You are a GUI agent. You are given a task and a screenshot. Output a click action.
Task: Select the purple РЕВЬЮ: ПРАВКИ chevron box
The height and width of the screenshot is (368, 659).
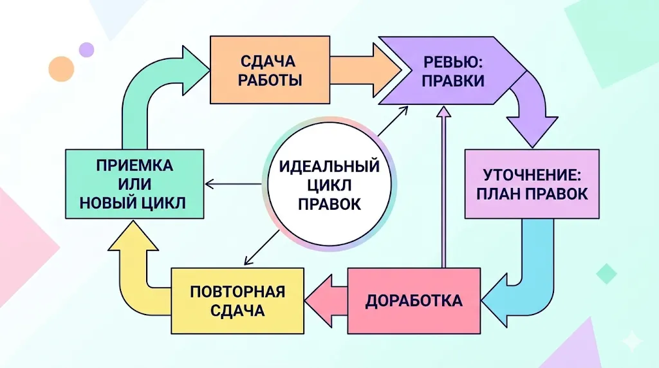(x=450, y=71)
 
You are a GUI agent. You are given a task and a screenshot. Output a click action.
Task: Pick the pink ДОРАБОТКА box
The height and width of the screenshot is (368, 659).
(x=414, y=300)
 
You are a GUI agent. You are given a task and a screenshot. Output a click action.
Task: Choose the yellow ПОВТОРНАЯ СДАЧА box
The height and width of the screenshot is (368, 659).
(x=237, y=300)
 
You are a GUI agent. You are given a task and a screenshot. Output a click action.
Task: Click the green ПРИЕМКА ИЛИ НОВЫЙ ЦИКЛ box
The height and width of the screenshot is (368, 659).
(x=135, y=184)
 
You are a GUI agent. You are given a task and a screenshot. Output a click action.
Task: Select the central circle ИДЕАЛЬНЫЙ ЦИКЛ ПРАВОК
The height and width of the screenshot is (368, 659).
(x=329, y=185)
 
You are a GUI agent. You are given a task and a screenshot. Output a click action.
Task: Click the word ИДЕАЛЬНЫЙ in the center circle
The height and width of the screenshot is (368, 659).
(x=329, y=167)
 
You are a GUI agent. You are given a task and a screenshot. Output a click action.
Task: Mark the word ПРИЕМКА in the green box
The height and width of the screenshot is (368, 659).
(x=135, y=165)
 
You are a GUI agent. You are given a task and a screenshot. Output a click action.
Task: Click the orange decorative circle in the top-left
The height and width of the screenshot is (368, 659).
(x=61, y=69)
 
